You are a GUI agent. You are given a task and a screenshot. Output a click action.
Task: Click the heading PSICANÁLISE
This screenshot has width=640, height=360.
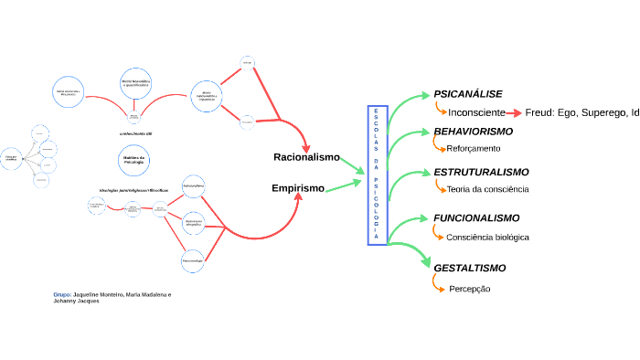point(467,94)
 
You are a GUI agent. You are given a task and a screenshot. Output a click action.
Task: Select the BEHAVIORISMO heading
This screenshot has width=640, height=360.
point(473,132)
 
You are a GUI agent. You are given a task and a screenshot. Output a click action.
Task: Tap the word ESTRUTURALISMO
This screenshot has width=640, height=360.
point(481,172)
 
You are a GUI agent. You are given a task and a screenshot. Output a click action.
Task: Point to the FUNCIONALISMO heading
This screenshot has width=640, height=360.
point(476,218)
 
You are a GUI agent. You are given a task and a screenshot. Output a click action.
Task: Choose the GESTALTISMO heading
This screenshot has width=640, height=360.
point(469,268)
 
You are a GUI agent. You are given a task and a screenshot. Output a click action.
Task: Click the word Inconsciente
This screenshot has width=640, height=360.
point(476,112)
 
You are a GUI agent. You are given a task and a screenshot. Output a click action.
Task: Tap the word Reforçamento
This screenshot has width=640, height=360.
point(473,148)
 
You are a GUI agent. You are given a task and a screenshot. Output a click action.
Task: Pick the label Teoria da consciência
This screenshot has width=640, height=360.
point(487,189)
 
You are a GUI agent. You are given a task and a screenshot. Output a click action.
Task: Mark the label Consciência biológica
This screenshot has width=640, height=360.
point(487,238)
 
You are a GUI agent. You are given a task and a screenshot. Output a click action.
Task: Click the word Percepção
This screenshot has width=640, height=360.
point(470,289)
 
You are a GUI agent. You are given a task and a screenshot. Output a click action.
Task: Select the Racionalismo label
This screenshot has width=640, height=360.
point(306,157)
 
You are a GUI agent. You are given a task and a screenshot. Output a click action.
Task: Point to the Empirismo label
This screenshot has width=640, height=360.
point(298,188)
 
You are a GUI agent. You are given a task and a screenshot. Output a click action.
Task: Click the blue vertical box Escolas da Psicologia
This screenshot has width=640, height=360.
point(378,175)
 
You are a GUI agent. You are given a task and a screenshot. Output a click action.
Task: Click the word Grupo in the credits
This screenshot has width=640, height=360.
point(61,295)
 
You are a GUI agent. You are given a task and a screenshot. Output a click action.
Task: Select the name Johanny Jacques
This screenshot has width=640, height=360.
point(76,302)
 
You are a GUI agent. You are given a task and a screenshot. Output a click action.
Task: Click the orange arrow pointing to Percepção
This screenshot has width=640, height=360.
point(437,284)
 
